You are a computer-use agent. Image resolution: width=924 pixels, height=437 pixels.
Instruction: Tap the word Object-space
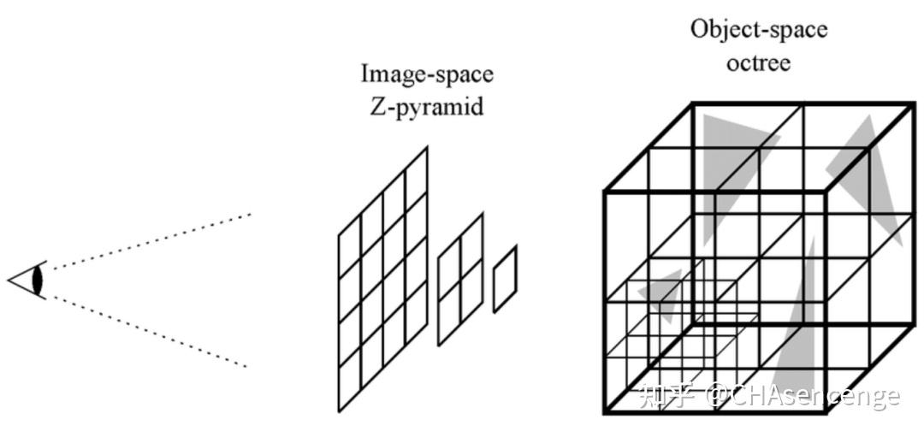[x=759, y=30]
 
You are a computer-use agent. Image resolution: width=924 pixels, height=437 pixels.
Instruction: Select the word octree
[x=759, y=62]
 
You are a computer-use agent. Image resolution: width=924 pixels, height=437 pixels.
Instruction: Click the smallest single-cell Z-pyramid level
[x=505, y=280]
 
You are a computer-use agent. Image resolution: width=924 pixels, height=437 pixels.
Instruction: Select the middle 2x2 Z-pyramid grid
[x=460, y=279]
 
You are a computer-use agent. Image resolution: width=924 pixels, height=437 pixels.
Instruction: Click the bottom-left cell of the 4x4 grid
[x=349, y=381]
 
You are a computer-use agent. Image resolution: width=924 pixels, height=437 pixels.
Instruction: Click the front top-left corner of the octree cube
[x=606, y=190]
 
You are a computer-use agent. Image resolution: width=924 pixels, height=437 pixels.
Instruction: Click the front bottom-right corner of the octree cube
[x=826, y=413]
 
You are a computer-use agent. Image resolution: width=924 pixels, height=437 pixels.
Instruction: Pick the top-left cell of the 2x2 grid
[x=449, y=250]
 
